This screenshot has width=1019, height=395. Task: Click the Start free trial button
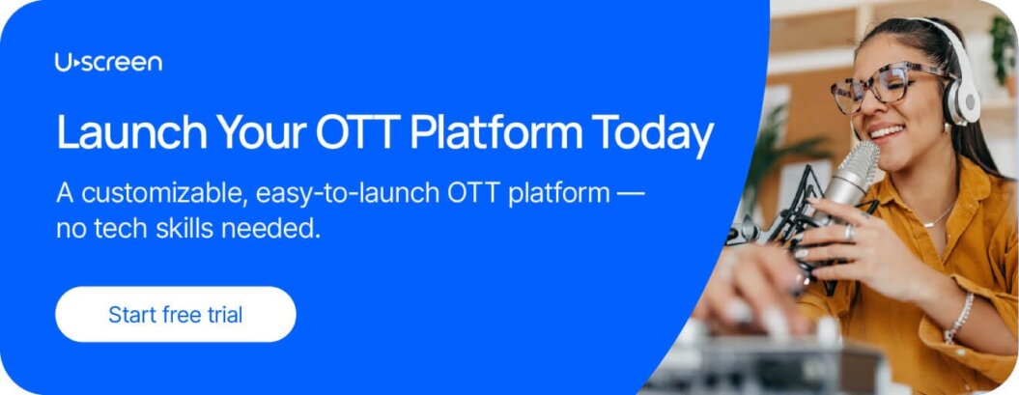click(175, 314)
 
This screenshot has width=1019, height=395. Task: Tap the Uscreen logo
click(108, 63)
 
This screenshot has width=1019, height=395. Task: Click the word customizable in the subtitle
click(164, 193)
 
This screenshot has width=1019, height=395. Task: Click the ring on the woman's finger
click(848, 233)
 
